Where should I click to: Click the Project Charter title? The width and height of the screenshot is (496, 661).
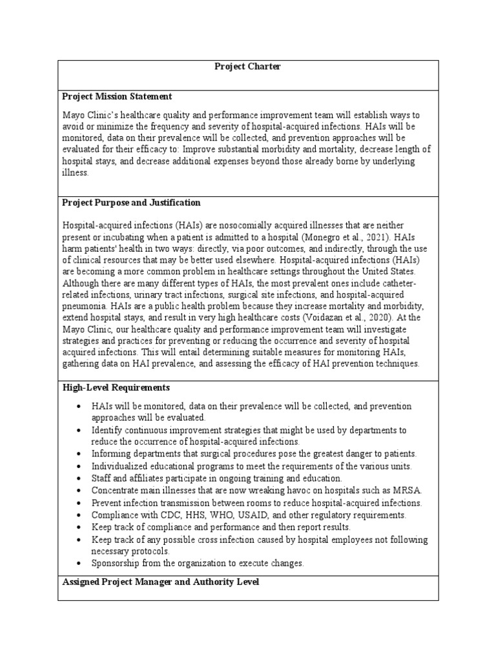pyautogui.click(x=248, y=66)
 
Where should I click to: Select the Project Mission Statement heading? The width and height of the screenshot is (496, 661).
pyautogui.click(x=117, y=96)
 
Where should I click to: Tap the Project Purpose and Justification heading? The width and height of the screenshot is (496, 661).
pyautogui.click(x=131, y=202)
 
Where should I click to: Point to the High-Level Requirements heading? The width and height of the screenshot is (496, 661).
pyautogui.click(x=116, y=387)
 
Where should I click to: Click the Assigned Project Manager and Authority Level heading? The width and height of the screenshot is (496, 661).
pyautogui.click(x=161, y=582)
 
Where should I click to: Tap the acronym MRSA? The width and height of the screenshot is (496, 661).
pyautogui.click(x=404, y=491)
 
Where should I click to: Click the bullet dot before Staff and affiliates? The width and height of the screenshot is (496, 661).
pyautogui.click(x=77, y=479)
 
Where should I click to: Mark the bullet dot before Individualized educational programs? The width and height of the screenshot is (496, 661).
pyautogui.click(x=77, y=467)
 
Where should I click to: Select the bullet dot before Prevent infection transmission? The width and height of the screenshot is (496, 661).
pyautogui.click(x=77, y=503)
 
